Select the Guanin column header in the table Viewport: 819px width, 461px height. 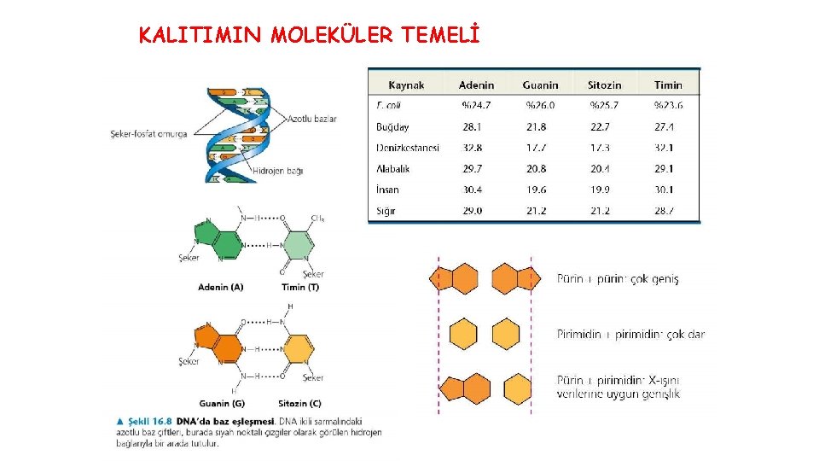pyautogui.click(x=540, y=85)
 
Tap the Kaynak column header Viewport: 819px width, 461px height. pyautogui.click(x=406, y=85)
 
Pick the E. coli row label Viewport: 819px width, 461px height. pyautogui.click(x=388, y=106)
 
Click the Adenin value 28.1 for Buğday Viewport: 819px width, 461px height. pyautogui.click(x=472, y=126)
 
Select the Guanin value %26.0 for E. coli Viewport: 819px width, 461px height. pyautogui.click(x=539, y=106)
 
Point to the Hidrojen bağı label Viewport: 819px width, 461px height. pyautogui.click(x=278, y=171)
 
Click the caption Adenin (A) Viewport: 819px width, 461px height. pyautogui.click(x=220, y=287)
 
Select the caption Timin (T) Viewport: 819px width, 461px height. pyautogui.click(x=300, y=287)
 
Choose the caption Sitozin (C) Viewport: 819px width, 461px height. pyautogui.click(x=299, y=403)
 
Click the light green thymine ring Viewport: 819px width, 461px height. pyautogui.click(x=296, y=246)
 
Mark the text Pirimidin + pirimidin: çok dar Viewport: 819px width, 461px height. pyautogui.click(x=630, y=334)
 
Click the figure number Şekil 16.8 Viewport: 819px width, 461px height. pyautogui.click(x=149, y=420)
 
